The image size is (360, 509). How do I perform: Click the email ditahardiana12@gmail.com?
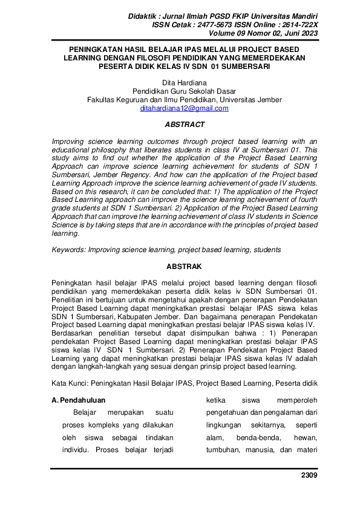coord(184,109)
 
